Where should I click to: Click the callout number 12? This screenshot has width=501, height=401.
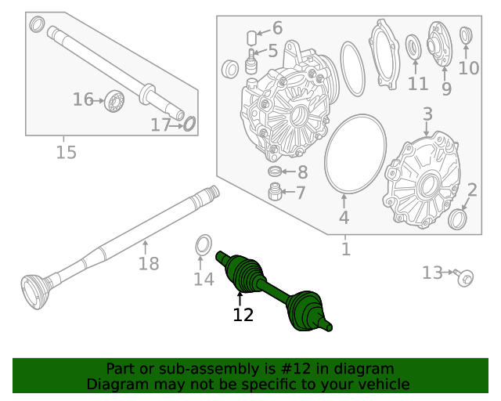(x=243, y=315)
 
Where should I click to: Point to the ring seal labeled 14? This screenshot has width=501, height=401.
(x=202, y=244)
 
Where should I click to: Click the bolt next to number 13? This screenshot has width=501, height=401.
(x=464, y=276)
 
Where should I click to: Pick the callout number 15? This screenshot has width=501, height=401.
(x=67, y=152)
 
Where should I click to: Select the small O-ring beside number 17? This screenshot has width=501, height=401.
(x=189, y=123)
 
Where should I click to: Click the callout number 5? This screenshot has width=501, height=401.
(x=272, y=52)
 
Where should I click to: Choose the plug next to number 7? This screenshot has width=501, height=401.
(x=275, y=191)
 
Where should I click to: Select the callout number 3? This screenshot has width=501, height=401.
(x=427, y=115)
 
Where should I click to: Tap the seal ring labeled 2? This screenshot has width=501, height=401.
(x=458, y=219)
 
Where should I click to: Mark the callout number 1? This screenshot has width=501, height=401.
(x=346, y=250)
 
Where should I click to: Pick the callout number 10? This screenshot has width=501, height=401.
(x=468, y=68)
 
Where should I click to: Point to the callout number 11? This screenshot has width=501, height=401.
(x=418, y=84)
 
